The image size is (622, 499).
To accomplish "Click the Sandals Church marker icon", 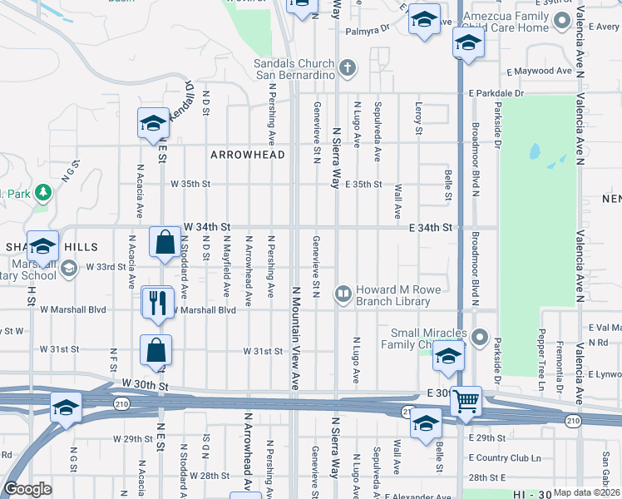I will [348, 67].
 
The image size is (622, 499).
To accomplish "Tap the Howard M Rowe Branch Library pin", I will [342, 293].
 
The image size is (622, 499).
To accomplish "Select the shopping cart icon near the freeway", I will [466, 403].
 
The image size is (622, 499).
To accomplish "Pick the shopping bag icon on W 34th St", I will [165, 242].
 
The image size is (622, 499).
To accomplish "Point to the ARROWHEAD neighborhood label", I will [248, 155].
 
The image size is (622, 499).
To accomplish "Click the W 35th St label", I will [191, 184].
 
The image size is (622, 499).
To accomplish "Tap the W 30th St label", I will [145, 385].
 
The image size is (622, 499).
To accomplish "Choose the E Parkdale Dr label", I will [496, 93].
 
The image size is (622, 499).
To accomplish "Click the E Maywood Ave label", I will [544, 71].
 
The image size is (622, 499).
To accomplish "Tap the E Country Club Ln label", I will [505, 458].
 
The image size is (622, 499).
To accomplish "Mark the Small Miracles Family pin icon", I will [479, 338].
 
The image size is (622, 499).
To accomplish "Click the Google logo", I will [28, 489].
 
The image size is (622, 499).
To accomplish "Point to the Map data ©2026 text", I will [585, 492].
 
